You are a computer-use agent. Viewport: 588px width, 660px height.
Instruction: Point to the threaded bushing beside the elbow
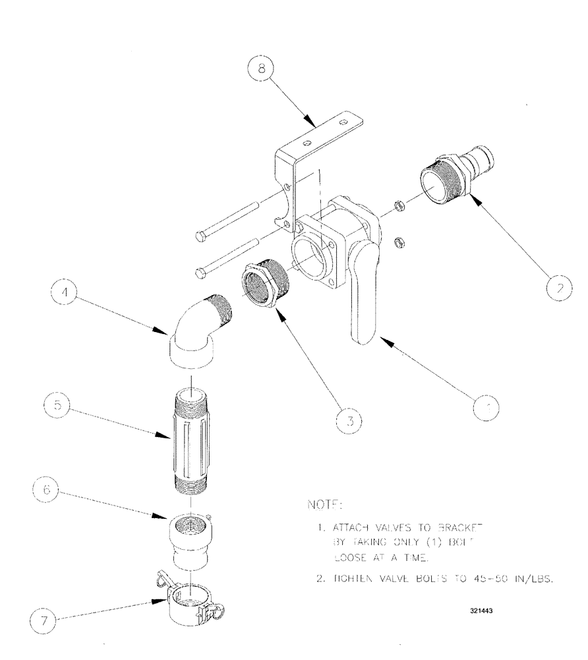pos(265,282)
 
